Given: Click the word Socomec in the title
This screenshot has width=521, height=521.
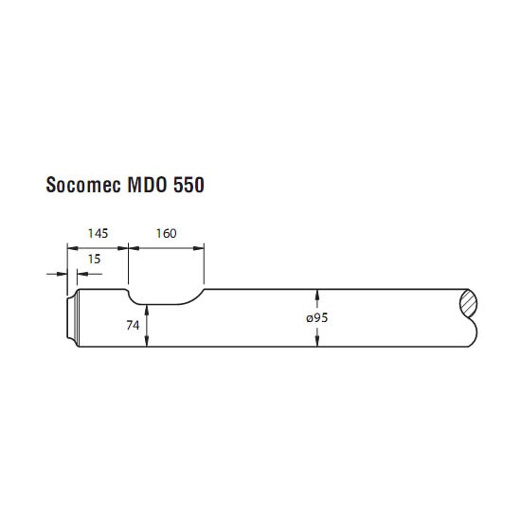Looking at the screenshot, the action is tap(83, 185).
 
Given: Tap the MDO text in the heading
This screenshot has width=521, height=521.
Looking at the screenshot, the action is tap(147, 185).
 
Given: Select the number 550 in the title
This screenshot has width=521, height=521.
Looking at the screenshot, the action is tap(189, 185).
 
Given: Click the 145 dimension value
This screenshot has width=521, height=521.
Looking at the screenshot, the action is tap(98, 234).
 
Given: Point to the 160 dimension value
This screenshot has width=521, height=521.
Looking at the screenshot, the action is tap(166, 234).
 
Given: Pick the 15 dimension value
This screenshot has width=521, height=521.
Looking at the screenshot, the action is tap(94, 260).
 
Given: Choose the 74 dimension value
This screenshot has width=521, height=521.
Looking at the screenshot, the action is tap(133, 325).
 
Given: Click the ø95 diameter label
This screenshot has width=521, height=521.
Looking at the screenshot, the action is tap(317, 318).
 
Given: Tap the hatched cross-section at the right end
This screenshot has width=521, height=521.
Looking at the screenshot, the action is tap(469, 303).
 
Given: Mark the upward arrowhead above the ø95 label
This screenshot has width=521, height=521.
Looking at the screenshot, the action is tap(317, 295).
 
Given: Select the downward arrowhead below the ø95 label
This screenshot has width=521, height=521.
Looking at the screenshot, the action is tap(317, 341).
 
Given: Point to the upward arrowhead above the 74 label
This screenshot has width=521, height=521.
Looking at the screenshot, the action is tap(147, 311).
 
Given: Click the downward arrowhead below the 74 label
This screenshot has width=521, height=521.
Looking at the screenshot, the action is tap(147, 341).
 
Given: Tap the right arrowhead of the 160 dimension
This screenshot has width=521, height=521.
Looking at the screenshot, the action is tap(198, 248).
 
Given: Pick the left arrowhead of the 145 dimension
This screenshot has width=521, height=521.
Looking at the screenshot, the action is tap(73, 248).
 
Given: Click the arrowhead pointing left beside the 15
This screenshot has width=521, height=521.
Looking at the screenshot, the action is tap(82, 274).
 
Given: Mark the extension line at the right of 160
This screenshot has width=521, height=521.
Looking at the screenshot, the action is tap(204, 264).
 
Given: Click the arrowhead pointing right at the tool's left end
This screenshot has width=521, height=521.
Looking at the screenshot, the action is tap(62, 274).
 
